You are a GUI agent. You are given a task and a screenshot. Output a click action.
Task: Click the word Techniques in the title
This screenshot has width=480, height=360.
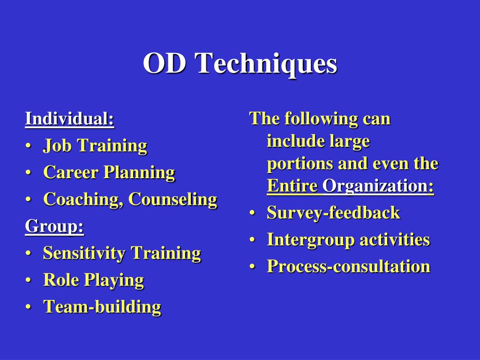tap(266, 64)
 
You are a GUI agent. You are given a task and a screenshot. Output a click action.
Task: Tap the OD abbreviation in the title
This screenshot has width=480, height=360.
tap(165, 63)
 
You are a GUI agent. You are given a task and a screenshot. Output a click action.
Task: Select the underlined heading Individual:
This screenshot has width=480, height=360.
tap(69, 119)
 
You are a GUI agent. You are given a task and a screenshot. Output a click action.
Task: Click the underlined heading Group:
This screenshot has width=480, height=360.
tap(54, 227)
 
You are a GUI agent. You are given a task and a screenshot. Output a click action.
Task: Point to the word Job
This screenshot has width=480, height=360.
tap(57, 145)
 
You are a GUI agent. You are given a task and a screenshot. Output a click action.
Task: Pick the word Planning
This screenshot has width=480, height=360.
tap(140, 173)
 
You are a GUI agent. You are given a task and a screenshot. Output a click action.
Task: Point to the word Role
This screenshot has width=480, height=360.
tap(61, 279)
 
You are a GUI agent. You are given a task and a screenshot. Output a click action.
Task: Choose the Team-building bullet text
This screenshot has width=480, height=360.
tap(102, 307)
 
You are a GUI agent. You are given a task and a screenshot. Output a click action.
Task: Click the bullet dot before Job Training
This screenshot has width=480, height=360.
tap(29, 146)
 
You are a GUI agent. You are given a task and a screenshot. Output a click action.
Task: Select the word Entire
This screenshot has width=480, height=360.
tap(292, 186)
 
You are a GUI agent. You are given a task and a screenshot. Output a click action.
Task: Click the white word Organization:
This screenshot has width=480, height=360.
tap(378, 187)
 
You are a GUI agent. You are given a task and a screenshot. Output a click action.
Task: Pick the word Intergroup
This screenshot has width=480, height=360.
tap(311, 240)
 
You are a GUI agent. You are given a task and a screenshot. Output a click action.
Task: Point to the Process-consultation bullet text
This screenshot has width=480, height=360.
tap(349, 266)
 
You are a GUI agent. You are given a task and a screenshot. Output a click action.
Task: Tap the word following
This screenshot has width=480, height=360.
tap(321, 119)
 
